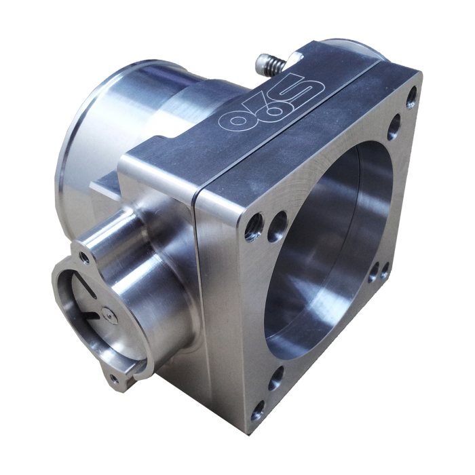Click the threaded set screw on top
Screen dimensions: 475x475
pos(267,66)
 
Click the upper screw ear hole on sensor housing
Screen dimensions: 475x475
pos(82,255)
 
